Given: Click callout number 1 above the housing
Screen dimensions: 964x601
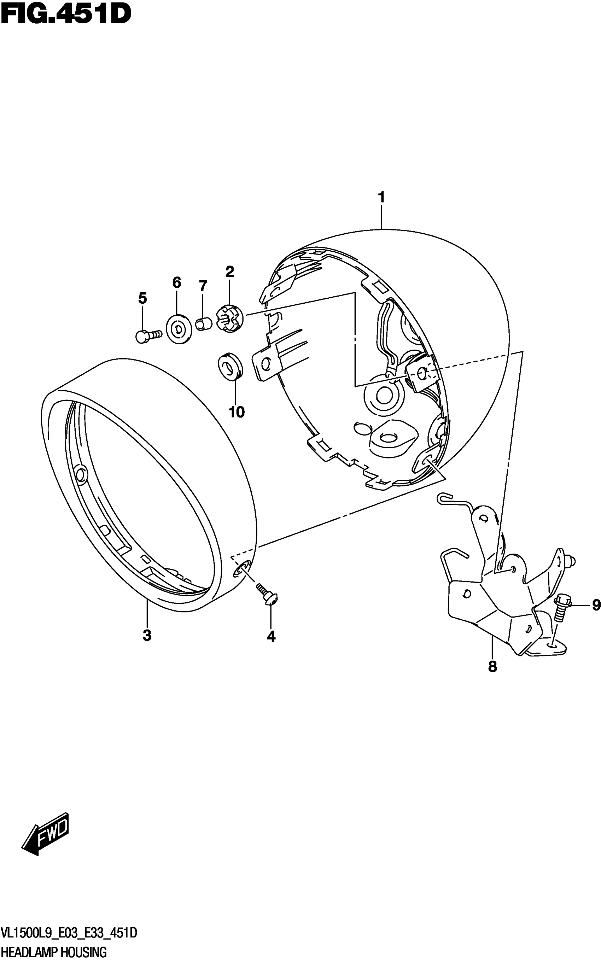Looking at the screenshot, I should [x=381, y=198].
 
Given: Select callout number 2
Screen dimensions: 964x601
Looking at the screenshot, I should [x=230, y=272].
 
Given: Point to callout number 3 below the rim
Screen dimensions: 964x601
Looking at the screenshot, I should [x=147, y=635].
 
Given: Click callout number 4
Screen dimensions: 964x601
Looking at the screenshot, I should [x=271, y=637].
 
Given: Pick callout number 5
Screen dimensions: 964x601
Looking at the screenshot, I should [x=143, y=298].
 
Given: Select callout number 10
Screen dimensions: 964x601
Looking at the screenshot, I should [x=237, y=412].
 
